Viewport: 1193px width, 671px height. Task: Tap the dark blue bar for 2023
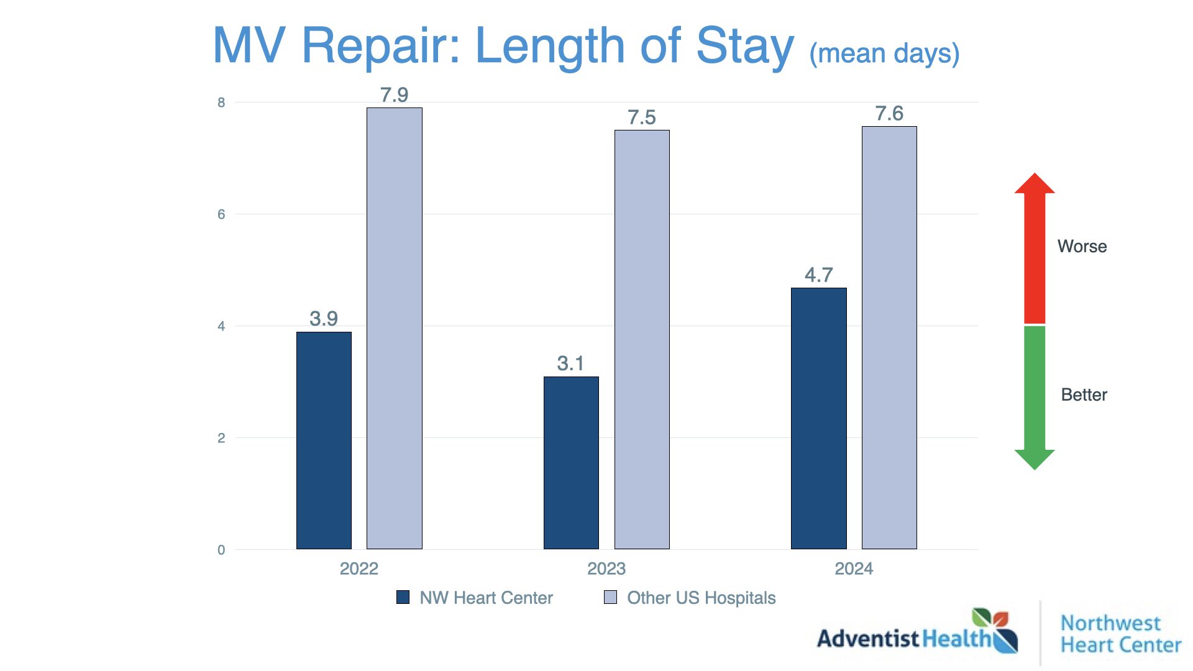(x=571, y=462)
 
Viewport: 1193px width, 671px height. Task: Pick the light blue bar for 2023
(x=642, y=339)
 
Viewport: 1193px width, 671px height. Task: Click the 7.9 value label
(x=394, y=95)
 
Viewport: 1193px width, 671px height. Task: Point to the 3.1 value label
(x=570, y=363)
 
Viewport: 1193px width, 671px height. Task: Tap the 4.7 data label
(x=818, y=275)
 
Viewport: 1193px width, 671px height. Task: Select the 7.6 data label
(x=889, y=114)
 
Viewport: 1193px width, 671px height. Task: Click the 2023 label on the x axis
(x=606, y=568)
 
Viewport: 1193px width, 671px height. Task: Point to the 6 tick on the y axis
(x=221, y=214)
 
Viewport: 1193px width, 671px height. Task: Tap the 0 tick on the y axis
(x=221, y=550)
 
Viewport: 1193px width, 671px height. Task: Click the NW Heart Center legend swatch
(x=403, y=598)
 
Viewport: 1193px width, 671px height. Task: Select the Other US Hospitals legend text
(x=701, y=598)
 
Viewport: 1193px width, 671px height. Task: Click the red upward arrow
(x=1035, y=249)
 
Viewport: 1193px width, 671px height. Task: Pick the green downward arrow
(x=1035, y=398)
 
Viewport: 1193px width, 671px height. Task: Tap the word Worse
(x=1082, y=246)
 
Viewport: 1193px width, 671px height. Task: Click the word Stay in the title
(x=745, y=46)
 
